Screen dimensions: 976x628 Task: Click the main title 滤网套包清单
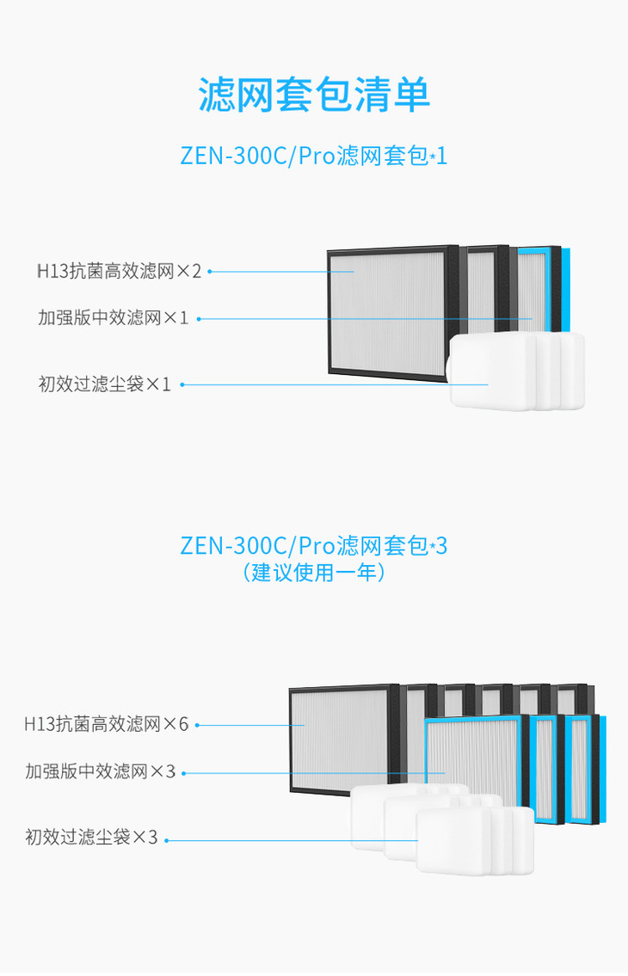[314, 94]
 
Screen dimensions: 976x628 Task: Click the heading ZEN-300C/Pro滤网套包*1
[314, 157]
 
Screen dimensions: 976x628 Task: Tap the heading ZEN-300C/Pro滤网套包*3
[314, 546]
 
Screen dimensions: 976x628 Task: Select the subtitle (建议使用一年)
[314, 572]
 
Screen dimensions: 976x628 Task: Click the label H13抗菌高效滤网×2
[119, 272]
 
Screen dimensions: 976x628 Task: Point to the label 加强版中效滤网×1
[113, 318]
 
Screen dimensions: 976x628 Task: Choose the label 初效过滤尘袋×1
[105, 384]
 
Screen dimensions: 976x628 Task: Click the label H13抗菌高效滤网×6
[106, 724]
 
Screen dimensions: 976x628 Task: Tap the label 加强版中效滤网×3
[100, 771]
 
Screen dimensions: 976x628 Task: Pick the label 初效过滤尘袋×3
[91, 836]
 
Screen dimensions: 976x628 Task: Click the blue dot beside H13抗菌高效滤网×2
[210, 272]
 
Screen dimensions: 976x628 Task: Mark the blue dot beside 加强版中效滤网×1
[199, 318]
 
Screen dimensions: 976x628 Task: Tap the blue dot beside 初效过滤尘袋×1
[182, 384]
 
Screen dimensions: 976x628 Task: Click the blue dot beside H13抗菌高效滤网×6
[197, 725]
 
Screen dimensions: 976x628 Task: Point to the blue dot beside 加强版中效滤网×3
[184, 773]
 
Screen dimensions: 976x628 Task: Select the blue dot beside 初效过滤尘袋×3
[166, 840]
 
